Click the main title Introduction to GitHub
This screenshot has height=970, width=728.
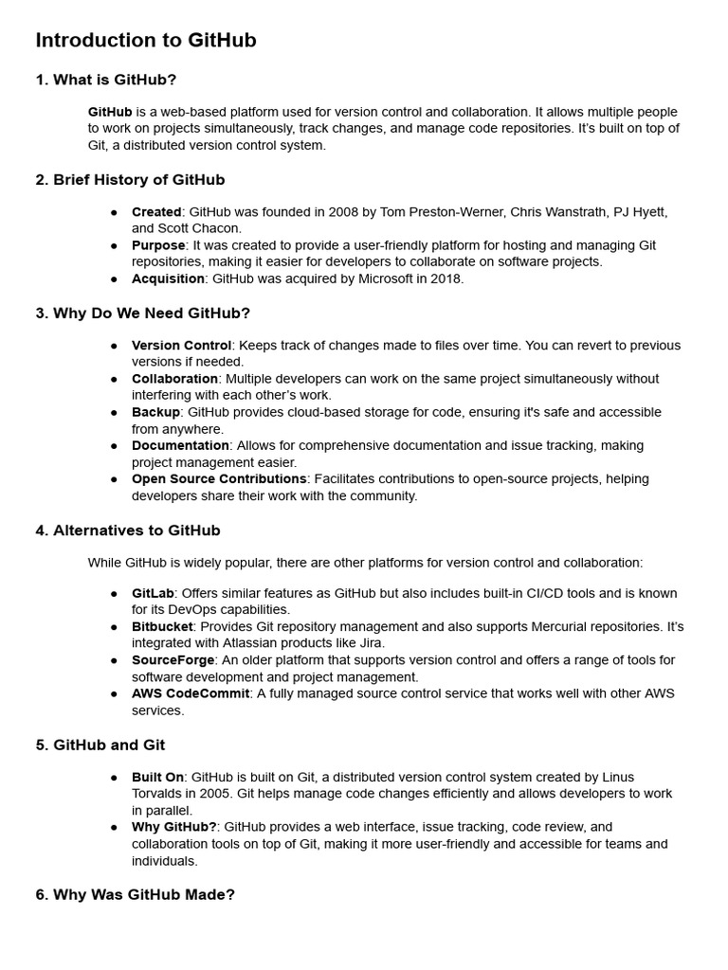[x=146, y=41]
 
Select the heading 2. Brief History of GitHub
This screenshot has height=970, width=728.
[x=130, y=179]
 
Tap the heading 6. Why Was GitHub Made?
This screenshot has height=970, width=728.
[x=135, y=893]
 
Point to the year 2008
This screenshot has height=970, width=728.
[x=311, y=211]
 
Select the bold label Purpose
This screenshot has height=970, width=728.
[x=158, y=245]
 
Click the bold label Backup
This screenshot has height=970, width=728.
[x=155, y=412]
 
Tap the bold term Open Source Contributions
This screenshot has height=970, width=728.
[x=219, y=478]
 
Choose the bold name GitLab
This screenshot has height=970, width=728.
[x=153, y=593]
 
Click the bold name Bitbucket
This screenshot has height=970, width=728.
[x=162, y=626]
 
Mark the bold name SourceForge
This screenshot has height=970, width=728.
[x=173, y=659]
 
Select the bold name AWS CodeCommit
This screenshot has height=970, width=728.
[x=191, y=693]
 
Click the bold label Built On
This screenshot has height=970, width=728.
[x=157, y=777]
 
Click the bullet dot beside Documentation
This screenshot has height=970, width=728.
[x=115, y=446]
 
